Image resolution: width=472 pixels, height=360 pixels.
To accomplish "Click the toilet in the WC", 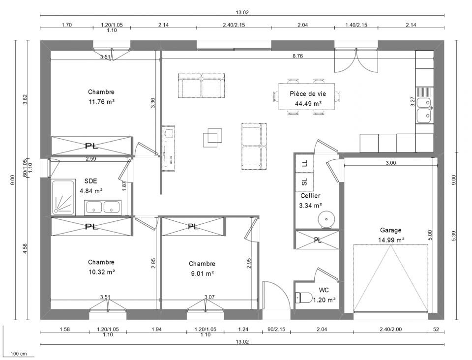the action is point(304,298).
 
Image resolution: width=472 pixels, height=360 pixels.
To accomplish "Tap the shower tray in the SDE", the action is point(63,198).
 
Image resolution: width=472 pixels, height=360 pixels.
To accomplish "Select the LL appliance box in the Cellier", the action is point(305,163).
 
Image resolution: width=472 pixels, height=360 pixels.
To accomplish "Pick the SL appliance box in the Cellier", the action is point(305,182).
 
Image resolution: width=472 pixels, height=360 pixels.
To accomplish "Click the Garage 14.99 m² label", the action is point(391,235).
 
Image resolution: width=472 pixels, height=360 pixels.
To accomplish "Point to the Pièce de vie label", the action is point(308,93).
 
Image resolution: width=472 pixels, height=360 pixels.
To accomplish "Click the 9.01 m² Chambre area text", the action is point(202,273).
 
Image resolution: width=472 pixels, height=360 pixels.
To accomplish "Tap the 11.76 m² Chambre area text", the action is point(101,102).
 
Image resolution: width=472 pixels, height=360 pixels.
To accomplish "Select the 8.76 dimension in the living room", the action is point(297,56).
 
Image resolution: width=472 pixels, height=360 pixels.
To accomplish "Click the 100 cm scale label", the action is point(19,354).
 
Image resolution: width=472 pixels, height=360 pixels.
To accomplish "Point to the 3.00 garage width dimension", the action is point(390,163).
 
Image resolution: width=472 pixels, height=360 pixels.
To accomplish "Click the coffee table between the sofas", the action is point(212,138).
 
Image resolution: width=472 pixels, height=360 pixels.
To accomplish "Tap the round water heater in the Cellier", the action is point(326,219).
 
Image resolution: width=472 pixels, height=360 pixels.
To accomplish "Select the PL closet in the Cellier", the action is point(318,240).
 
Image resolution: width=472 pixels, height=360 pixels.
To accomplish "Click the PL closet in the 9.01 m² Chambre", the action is point(193,226).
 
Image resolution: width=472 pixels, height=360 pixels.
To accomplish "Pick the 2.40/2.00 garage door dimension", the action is point(390,330).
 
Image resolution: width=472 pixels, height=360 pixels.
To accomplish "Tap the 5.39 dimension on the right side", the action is point(454,235).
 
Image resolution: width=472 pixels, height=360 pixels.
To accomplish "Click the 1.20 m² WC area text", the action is point(324,300).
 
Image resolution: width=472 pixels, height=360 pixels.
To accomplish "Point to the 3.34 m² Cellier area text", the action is point(310,206).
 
